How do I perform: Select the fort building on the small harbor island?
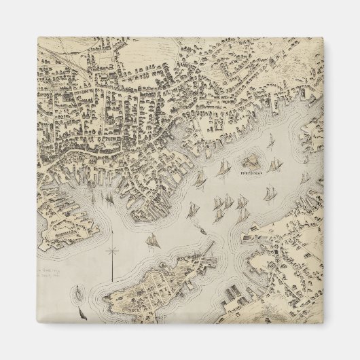pyautogui.click(x=253, y=161)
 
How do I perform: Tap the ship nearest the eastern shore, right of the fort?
pyautogui.click(x=304, y=178)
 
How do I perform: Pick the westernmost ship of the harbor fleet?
pyautogui.click(x=200, y=178)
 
